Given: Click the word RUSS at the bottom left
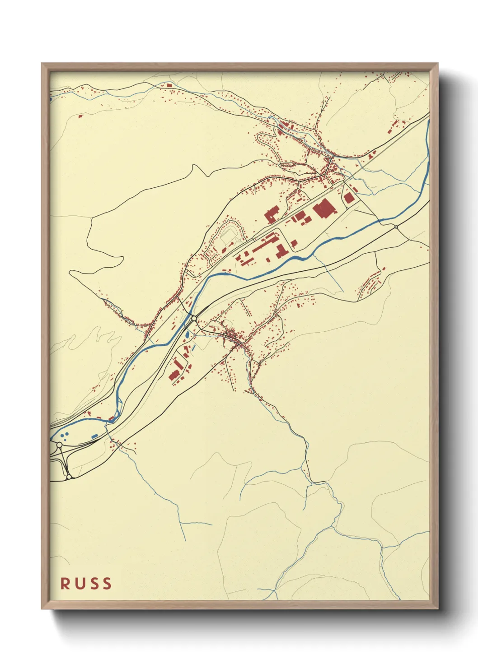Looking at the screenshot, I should point(86,584).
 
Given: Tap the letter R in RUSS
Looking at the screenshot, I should point(65,584).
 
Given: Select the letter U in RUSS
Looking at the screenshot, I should point(79,584).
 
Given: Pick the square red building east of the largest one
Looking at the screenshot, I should point(348,198).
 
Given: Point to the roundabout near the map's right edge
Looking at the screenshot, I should point(396,227).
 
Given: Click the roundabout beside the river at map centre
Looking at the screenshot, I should point(194,319).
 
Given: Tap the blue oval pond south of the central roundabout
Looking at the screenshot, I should point(187,335).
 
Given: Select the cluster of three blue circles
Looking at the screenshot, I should point(65,436).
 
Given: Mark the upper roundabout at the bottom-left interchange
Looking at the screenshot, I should point(59,445).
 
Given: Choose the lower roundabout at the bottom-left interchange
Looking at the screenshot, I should point(69,477).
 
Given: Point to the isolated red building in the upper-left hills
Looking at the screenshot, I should point(81,116).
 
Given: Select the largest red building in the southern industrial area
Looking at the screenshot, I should point(174,375).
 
